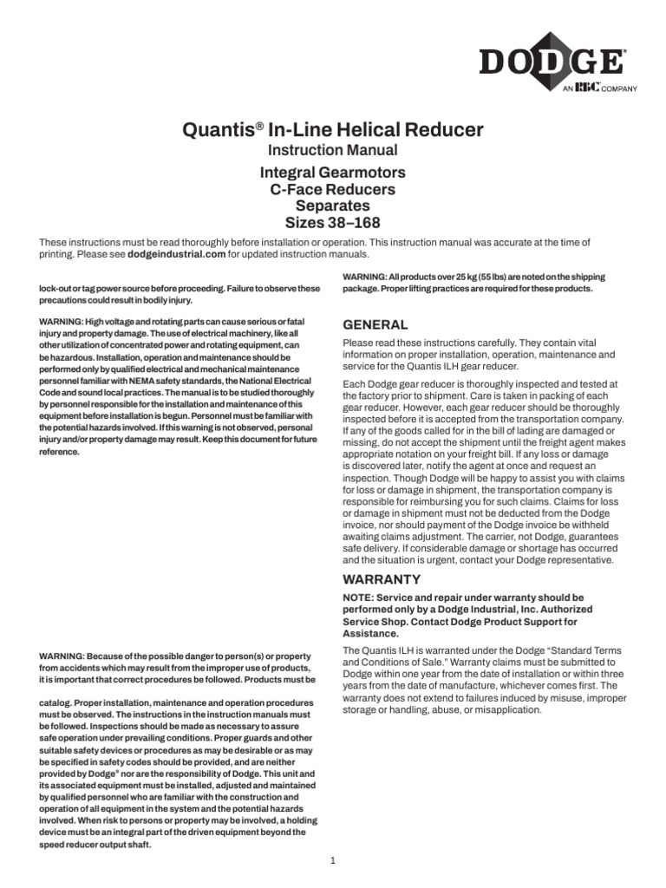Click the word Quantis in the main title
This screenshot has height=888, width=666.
[x=219, y=131]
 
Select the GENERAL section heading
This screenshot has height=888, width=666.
[x=375, y=324]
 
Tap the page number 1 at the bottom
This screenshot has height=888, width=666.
[x=332, y=860]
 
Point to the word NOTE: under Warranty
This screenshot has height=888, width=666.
[x=361, y=598]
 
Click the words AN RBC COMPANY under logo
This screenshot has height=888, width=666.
[x=599, y=88]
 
